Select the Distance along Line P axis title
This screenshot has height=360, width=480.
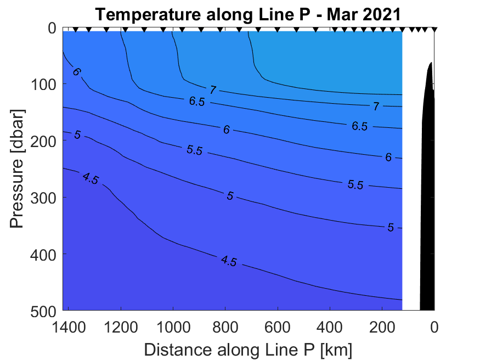pyautogui.click(x=248, y=349)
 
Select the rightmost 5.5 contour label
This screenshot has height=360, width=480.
pyautogui.click(x=355, y=185)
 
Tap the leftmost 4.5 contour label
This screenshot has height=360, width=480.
pyautogui.click(x=90, y=178)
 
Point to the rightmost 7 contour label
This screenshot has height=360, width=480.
pyautogui.click(x=376, y=106)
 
